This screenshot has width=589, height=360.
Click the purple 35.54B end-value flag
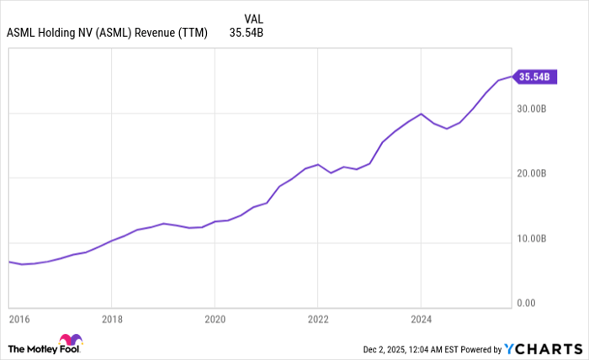(533, 77)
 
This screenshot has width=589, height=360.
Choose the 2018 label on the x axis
(112, 320)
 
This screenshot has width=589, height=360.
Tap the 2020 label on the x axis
(215, 320)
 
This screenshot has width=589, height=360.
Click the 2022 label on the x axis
(318, 320)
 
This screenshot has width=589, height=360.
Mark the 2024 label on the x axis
(421, 320)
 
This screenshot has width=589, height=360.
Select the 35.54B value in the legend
(246, 34)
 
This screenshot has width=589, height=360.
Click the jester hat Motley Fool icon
(72, 341)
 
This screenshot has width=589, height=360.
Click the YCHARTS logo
(542, 349)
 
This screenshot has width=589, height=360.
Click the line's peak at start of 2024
(421, 114)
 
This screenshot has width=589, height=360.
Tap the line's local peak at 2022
(317, 164)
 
